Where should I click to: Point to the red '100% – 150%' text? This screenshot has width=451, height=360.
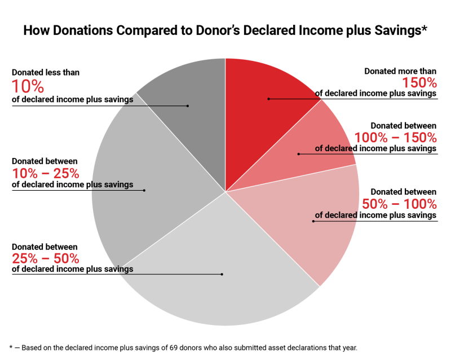click(395, 137)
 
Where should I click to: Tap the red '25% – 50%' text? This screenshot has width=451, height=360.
click(46, 258)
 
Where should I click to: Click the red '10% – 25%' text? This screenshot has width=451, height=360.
click(46, 173)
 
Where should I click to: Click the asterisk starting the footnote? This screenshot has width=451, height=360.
click(11, 347)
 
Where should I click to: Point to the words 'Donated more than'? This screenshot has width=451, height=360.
click(400, 72)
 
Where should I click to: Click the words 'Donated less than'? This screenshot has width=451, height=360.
click(46, 72)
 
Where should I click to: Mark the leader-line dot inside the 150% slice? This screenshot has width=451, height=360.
click(268, 99)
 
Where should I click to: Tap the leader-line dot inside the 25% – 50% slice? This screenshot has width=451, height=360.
click(222, 274)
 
